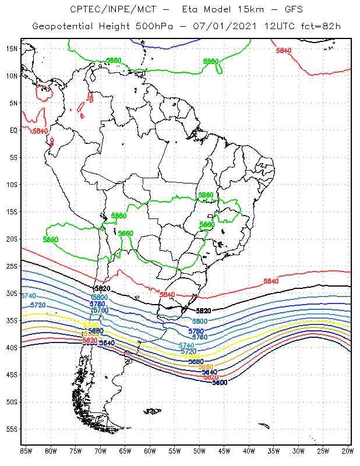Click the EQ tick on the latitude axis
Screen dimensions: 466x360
click(x=13, y=130)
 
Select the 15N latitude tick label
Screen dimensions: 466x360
click(x=11, y=48)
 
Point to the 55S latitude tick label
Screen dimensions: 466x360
click(x=11, y=429)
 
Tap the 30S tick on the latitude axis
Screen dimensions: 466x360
click(x=11, y=294)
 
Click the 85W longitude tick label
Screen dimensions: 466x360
click(x=26, y=450)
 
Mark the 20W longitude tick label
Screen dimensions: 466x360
click(x=348, y=450)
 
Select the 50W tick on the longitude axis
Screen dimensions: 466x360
click(x=199, y=450)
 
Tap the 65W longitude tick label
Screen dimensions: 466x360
click(x=125, y=450)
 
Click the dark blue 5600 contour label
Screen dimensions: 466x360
click(x=220, y=383)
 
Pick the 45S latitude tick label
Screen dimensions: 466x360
click(x=11, y=375)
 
